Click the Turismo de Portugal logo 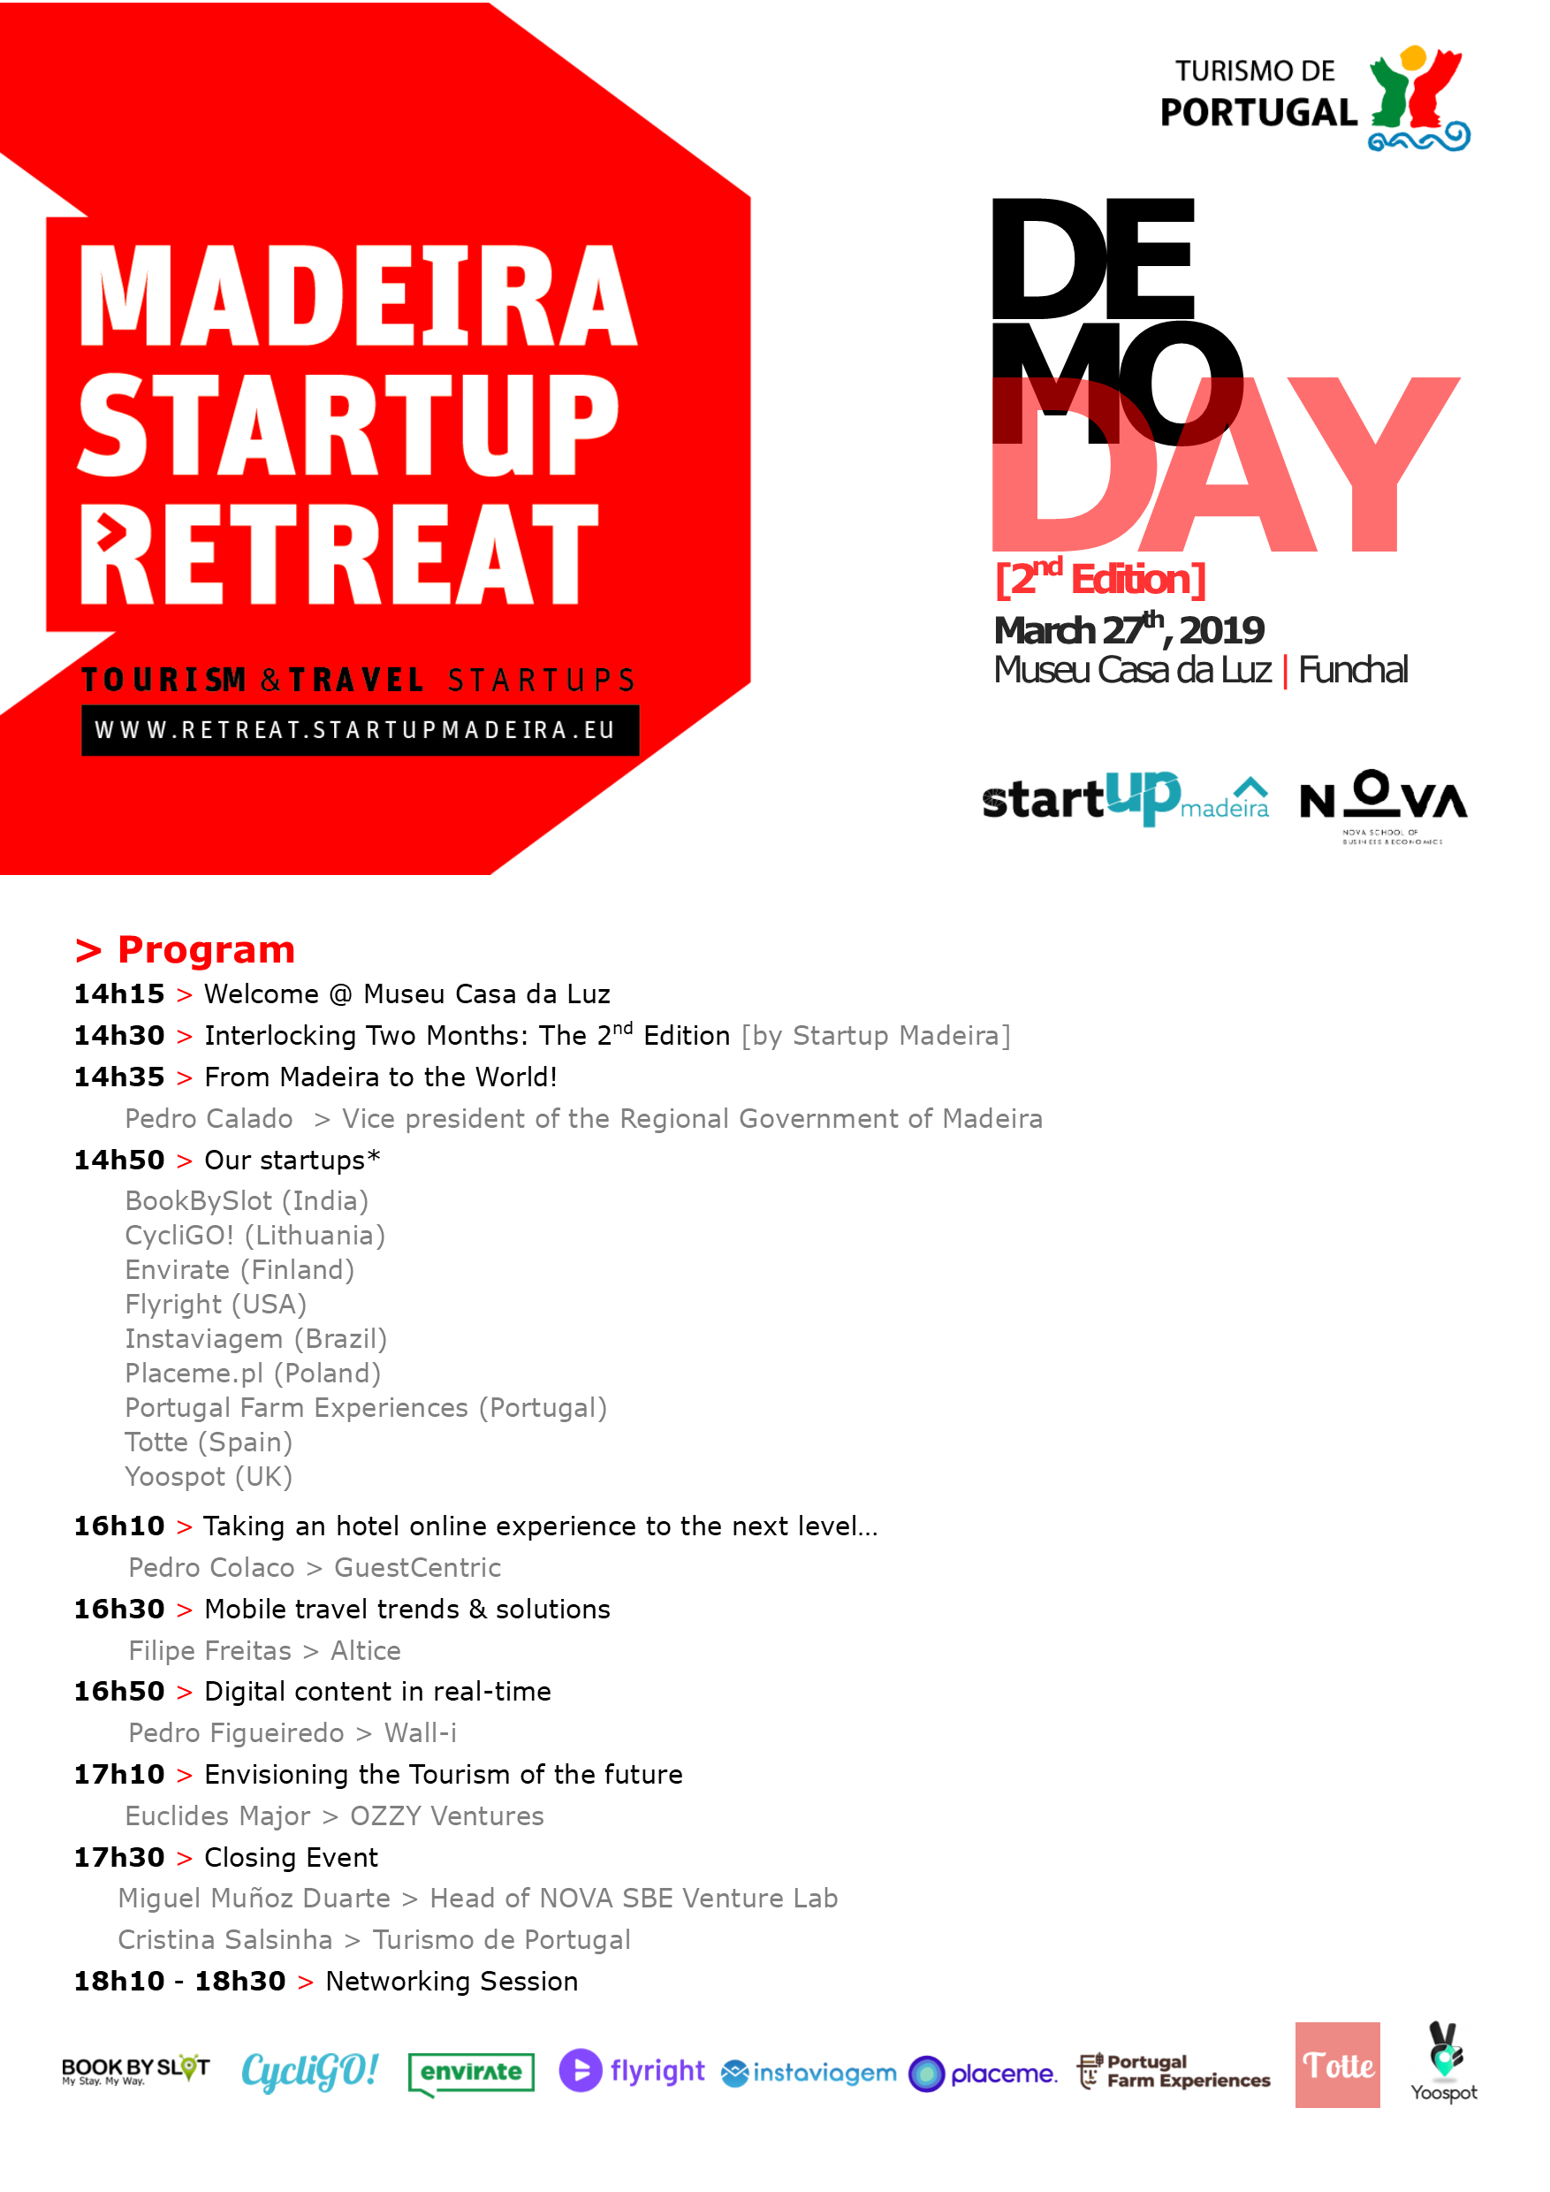pos(1314,98)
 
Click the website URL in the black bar pos(354,730)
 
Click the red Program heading pos(186,950)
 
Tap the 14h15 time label pos(119,993)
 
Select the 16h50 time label pos(119,1691)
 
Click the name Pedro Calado pos(209,1118)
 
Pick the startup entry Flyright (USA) pos(216,1304)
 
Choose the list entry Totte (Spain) pos(209,1442)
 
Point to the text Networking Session pos(452,1981)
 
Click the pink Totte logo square pos(1337,2064)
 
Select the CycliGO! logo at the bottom pos(310,2071)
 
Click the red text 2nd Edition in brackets pos(1100,579)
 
